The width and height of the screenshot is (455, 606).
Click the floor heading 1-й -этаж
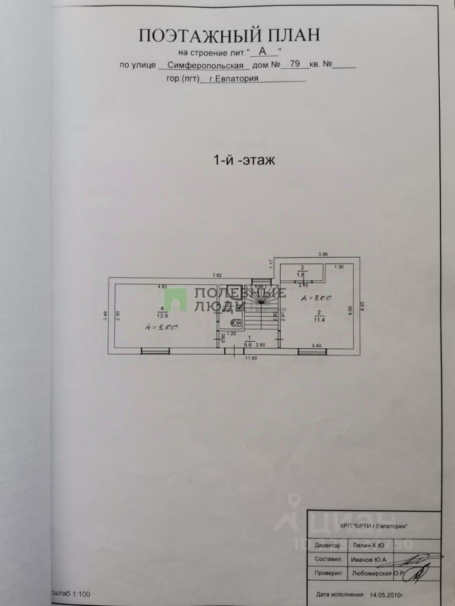pyautogui.click(x=244, y=160)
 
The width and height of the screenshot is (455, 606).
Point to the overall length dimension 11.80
pyautogui.click(x=252, y=358)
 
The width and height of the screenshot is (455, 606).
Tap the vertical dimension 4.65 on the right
pyautogui.click(x=362, y=304)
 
